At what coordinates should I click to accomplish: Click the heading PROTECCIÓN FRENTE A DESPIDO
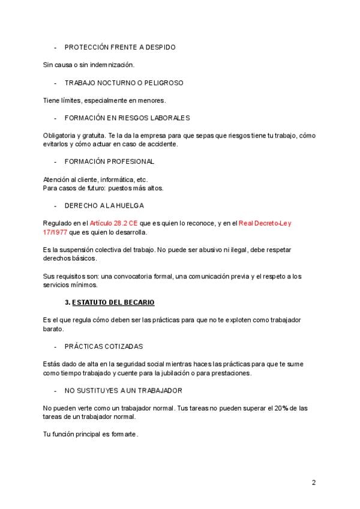point(120,47)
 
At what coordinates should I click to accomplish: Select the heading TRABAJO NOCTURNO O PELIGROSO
point(124,82)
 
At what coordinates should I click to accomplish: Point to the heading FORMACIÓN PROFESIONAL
point(109,161)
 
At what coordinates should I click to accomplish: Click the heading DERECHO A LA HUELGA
point(104,205)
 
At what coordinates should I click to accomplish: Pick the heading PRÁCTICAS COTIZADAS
point(104,346)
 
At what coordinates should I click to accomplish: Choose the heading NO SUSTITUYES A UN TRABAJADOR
point(123,390)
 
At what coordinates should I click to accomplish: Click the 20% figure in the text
point(282,408)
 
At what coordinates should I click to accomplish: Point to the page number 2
point(314,482)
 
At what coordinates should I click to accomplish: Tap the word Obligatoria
point(60,135)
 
